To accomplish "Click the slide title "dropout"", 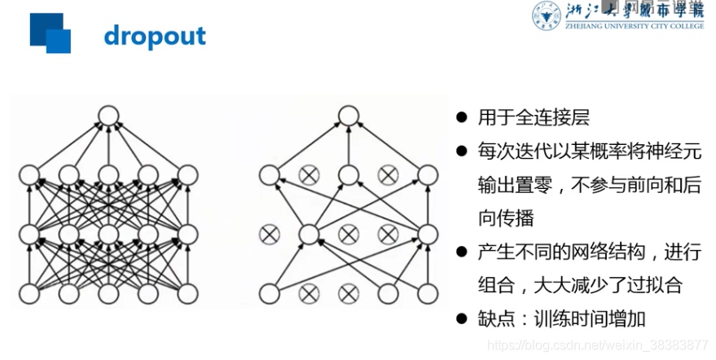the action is click(x=155, y=37).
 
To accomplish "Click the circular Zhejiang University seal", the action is click(x=547, y=15).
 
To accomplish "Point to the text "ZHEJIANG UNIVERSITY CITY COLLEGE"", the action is click(x=635, y=26).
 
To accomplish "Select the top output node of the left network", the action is click(x=108, y=116).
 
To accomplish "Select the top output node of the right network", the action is click(x=349, y=116).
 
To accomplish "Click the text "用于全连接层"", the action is click(x=534, y=118).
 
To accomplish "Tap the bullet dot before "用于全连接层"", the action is click(x=462, y=118).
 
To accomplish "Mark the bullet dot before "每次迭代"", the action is click(x=462, y=151).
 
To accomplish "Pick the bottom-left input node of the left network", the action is click(x=29, y=293).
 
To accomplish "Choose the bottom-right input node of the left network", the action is click(x=187, y=293).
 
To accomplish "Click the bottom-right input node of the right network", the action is click(x=428, y=293).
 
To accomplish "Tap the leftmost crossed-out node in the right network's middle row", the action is click(x=269, y=235).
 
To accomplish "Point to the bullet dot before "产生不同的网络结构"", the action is click(x=462, y=252).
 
